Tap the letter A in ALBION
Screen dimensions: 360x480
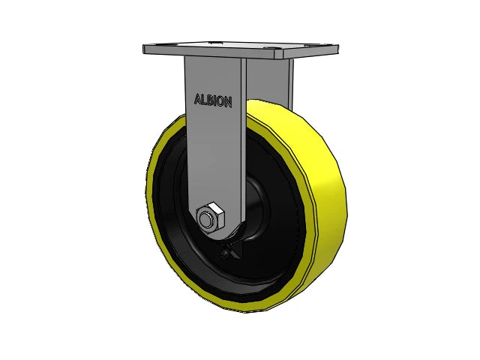pos(197,98)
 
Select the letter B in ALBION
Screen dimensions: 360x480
pos(206,100)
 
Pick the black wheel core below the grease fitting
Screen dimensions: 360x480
pos(225,281)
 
